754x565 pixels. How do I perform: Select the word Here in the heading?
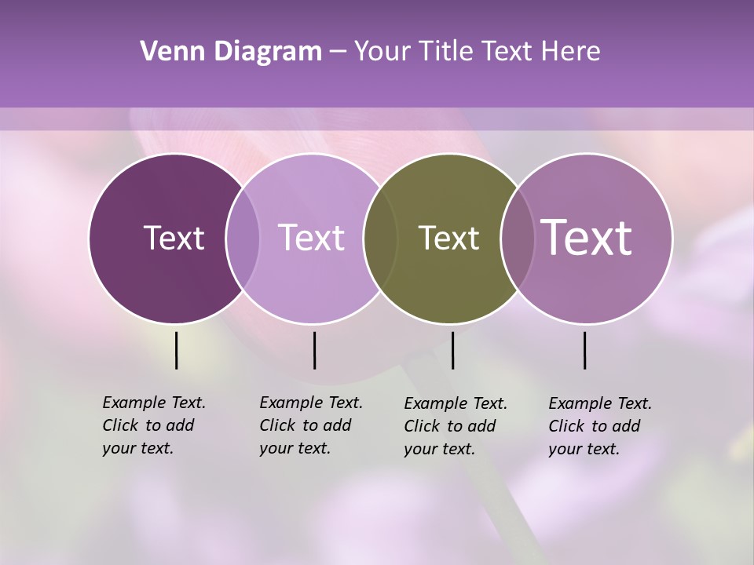(572, 52)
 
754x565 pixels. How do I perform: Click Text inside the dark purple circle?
(174, 238)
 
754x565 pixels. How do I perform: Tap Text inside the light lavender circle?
(312, 238)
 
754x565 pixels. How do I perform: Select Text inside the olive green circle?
(448, 238)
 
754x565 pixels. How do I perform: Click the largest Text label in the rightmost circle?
(587, 237)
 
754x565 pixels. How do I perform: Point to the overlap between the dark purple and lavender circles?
(243, 238)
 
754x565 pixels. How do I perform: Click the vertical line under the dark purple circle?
(176, 350)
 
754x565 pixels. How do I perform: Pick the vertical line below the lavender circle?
(314, 350)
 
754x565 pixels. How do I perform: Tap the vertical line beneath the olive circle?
(452, 350)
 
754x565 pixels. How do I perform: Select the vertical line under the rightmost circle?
(584, 350)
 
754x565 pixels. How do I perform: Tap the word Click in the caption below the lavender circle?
(276, 425)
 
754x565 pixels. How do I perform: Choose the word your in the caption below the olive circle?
(419, 449)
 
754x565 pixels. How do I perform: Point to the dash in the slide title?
(338, 53)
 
